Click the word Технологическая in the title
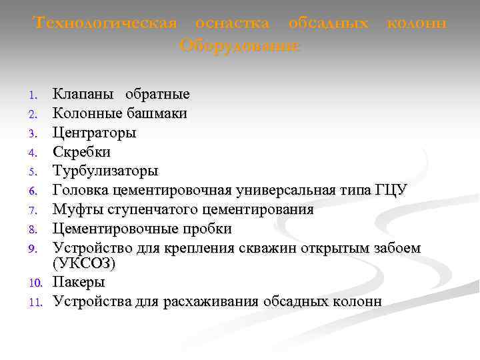pos(105,23)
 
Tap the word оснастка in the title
pos(232,23)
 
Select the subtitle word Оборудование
pos(240,46)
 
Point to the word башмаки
pos(158,113)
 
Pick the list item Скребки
pos(82,152)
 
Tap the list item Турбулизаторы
pos(105,171)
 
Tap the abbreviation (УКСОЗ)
pos(84,264)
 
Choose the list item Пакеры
pos(79,283)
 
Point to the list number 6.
pos(38,192)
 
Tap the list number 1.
pos(38,95)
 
